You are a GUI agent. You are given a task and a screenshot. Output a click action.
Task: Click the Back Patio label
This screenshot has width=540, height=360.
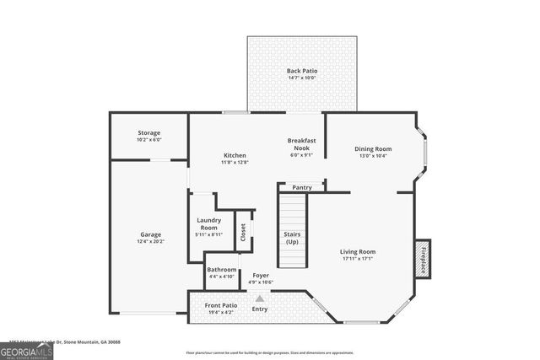pos(301,71)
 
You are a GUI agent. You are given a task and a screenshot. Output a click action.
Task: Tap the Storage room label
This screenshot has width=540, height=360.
pos(149,133)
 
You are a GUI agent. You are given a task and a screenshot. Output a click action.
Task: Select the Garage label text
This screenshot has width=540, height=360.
pos(151,234)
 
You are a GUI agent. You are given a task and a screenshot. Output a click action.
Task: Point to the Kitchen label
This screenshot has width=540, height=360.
pos(235,155)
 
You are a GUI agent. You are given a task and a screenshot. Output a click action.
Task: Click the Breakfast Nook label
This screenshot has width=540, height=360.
pos(301,144)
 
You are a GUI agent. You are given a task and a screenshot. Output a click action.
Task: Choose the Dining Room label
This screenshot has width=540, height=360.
pos(372,148)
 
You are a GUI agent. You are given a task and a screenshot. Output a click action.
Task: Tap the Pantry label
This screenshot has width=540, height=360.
pos(301,187)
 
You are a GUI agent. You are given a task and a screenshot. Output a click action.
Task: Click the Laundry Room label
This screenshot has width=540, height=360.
pos(208,223)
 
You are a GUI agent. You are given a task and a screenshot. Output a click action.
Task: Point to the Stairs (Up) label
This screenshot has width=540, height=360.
pos(292,237)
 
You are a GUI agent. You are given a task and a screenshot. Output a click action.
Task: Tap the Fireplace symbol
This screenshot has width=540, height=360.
pos(421,258)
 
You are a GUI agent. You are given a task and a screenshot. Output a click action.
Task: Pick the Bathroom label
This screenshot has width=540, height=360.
pos(221,270)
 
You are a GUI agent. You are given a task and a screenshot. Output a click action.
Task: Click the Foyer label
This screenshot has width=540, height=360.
pos(260,275)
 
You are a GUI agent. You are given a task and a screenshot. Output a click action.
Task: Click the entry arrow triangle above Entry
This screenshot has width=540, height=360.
pos(260,298)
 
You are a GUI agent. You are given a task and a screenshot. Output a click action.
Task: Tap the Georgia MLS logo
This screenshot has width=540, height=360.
pos(27,347)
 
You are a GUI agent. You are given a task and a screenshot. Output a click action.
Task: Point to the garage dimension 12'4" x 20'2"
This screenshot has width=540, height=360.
pos(151,242)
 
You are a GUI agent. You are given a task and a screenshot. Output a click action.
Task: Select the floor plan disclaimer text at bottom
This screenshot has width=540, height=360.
pos(269,353)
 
